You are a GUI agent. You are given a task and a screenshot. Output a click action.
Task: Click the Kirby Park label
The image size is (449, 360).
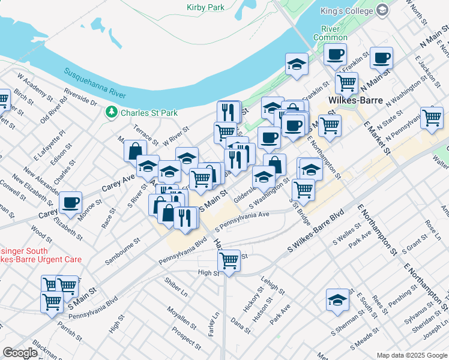coord(205,8)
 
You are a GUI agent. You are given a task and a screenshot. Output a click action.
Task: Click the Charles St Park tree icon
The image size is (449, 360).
coord(110,112)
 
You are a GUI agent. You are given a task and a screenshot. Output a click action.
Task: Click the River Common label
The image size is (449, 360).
coord(330,33)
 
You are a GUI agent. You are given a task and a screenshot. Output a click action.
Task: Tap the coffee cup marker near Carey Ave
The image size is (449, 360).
coord(71,202)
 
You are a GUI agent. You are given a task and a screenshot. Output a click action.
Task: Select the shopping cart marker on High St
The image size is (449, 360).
coord(229,260)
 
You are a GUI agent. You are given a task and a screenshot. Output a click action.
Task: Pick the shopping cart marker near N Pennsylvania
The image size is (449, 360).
coord(432,117)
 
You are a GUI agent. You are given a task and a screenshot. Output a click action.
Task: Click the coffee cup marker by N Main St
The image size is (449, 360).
coord(381,58)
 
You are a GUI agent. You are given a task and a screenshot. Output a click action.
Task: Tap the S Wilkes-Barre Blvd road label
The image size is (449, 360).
coord(316,230)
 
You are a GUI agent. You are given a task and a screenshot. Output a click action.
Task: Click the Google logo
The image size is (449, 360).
coord(20,352)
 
